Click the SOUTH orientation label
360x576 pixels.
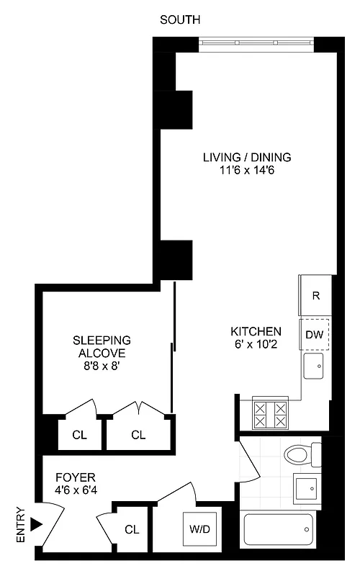point(180,19)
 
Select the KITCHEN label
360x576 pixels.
point(256,331)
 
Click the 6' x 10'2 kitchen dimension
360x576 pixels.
point(256,345)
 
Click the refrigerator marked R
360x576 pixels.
point(315,295)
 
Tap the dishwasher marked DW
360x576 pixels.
point(315,334)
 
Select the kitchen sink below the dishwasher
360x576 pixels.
point(315,366)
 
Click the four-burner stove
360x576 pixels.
point(269,414)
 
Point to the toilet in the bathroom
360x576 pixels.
point(301,455)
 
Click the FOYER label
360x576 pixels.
point(74,477)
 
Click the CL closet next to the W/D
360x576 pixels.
point(131,530)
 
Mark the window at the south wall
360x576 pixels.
point(257,42)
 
